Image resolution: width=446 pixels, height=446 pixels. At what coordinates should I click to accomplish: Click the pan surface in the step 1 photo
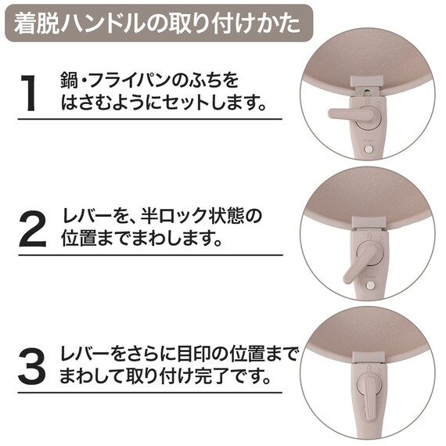click(368, 47)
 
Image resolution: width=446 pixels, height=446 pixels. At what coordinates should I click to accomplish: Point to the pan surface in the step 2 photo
click(368, 196)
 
